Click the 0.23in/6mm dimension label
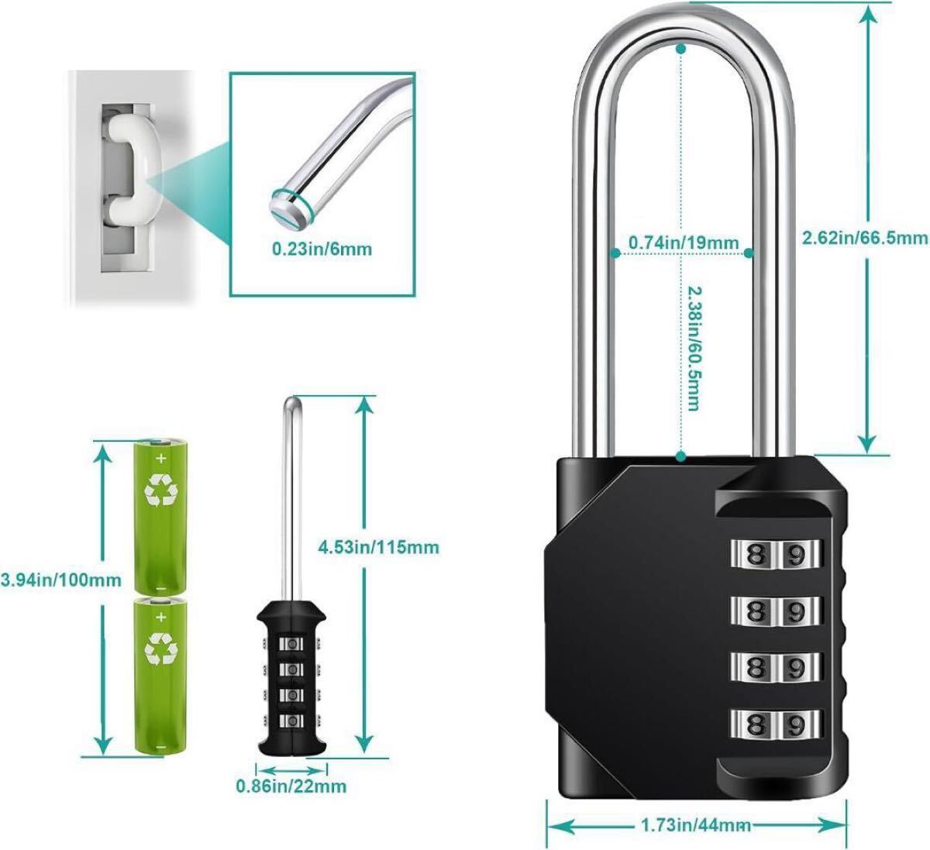coord(322,249)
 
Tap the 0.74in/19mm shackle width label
coord(684,242)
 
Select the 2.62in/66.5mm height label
coord(865,238)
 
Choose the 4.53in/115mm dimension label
coord(378,548)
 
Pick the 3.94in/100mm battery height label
coord(60,580)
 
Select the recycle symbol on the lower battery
coord(161,649)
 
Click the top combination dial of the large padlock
coord(776,554)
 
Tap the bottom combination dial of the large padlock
coord(776,724)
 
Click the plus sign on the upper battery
coord(161,459)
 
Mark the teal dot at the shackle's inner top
coord(680,49)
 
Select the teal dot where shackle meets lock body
coord(680,457)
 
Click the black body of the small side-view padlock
coord(291,679)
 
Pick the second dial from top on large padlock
coord(776,611)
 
